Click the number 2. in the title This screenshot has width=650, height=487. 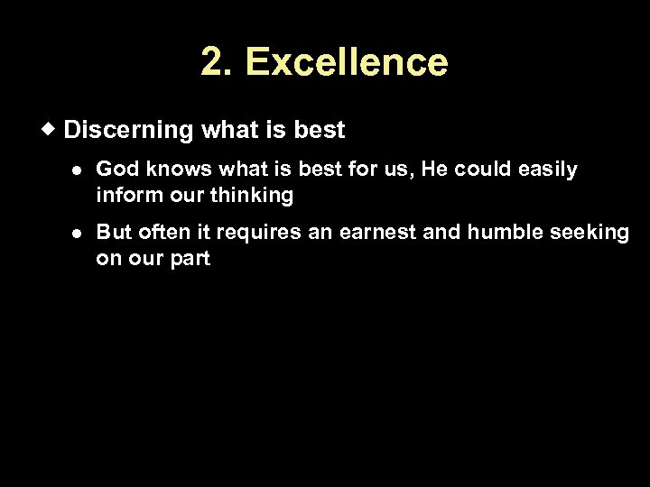click(218, 62)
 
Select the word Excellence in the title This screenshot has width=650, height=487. click(346, 62)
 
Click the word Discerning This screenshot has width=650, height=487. click(128, 131)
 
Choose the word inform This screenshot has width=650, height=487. click(124, 195)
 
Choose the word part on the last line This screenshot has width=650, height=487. click(189, 259)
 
